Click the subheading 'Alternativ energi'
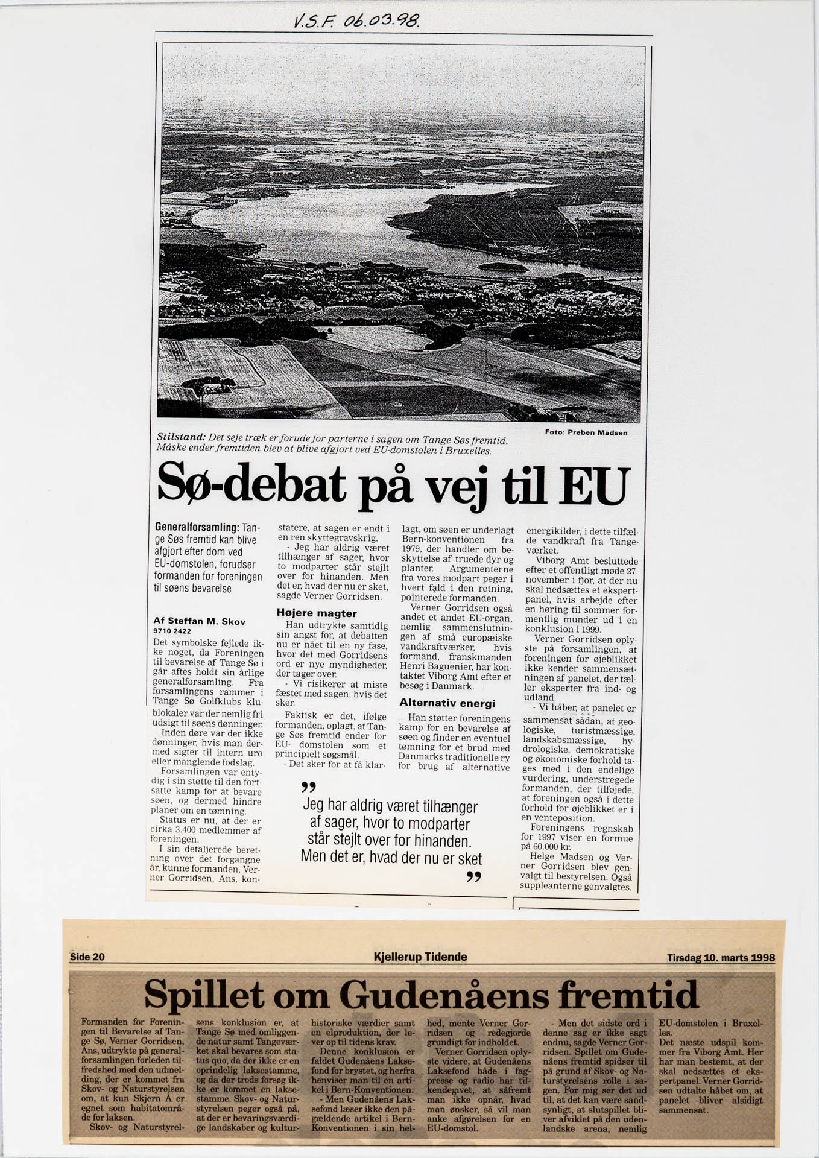click(x=447, y=703)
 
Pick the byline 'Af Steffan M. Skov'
click(x=199, y=621)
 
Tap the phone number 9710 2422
click(x=172, y=631)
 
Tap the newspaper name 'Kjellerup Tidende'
click(x=420, y=957)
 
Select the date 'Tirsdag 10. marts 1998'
click(x=721, y=958)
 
